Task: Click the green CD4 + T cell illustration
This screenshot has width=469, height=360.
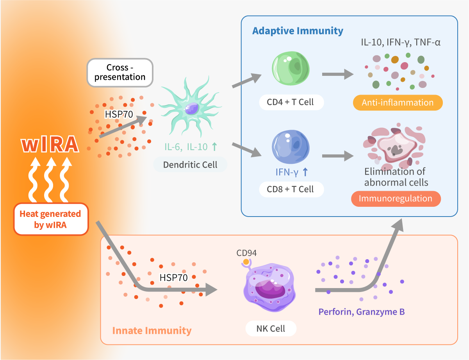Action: coord(290,70)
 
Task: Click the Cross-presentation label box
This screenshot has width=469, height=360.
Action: coord(119,72)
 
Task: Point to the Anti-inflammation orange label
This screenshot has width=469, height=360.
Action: coord(398,103)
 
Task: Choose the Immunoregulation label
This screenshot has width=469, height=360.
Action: coord(395,199)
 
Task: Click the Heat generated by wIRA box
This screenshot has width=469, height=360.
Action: coord(50,219)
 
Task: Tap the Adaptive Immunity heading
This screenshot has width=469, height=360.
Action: coord(298,31)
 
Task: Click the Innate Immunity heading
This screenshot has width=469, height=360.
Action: coord(152,331)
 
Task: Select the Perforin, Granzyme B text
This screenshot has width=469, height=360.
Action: coord(361,312)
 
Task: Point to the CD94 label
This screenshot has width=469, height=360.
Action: coord(246,253)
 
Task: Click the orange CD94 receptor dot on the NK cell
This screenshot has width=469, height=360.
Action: coord(246,261)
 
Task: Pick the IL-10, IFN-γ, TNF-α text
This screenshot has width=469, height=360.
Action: coord(401,42)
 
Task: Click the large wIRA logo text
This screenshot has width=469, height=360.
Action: coord(50,145)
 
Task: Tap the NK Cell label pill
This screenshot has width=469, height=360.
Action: coord(271,329)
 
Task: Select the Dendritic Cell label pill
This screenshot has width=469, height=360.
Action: coord(190,165)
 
